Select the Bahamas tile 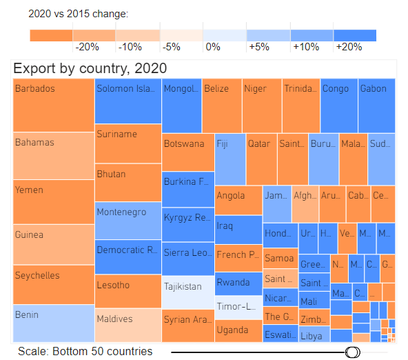[54, 155]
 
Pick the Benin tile [54, 323]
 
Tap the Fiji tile [229, 158]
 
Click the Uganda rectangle [238, 330]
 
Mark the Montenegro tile [127, 220]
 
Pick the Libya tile [314, 336]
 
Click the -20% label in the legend [88, 48]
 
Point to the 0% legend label [213, 48]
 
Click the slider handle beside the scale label [353, 352]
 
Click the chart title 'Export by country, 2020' [90, 68]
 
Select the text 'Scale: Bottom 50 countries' [85, 352]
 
